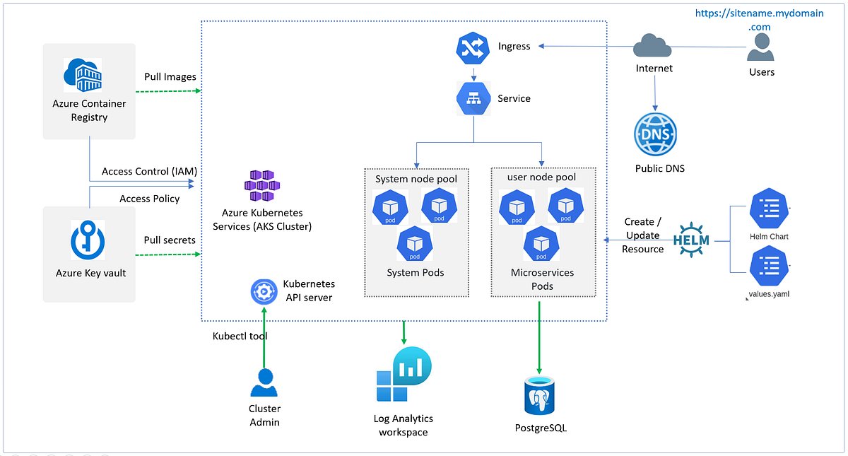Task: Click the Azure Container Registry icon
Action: coord(83,76)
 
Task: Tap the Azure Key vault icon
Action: coord(88,240)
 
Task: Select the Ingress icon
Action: coord(473,47)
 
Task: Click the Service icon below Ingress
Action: coord(473,98)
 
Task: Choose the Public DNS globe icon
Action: coord(655,134)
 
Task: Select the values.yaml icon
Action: coord(769,265)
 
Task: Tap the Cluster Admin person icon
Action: coord(264,384)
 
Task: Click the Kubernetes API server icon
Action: coord(264,291)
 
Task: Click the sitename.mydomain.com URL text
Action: coord(759,20)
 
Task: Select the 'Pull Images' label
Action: coord(170,76)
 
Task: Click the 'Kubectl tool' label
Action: coord(240,336)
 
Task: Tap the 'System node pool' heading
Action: coord(416,179)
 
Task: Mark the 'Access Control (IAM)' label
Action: coord(149,171)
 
